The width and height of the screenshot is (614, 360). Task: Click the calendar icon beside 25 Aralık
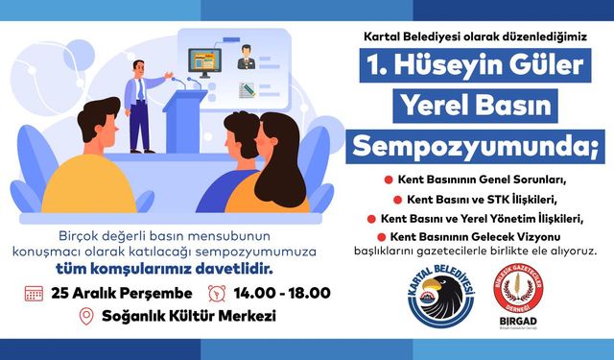[x=34, y=293]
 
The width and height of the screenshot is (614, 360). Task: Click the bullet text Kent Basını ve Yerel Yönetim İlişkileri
[x=482, y=218]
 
